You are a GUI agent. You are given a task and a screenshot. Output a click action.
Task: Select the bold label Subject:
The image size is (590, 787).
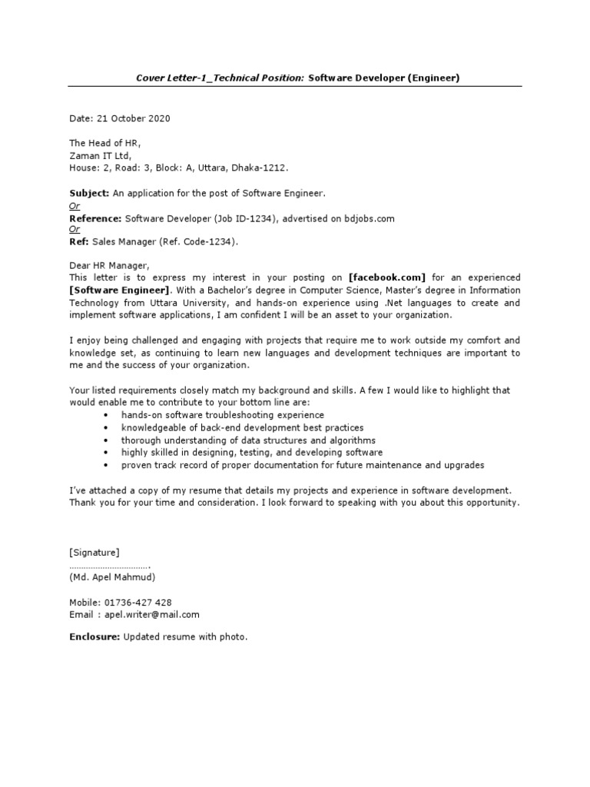click(x=90, y=193)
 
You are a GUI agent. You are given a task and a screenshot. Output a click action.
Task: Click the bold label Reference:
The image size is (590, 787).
click(x=96, y=218)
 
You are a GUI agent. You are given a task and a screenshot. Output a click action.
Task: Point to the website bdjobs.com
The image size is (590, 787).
click(x=367, y=218)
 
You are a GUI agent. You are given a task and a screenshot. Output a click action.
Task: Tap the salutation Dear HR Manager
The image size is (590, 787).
click(x=105, y=266)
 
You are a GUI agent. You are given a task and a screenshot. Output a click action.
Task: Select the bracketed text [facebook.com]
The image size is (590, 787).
click(x=386, y=277)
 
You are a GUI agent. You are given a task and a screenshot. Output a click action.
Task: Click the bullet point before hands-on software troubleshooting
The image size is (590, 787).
click(x=104, y=415)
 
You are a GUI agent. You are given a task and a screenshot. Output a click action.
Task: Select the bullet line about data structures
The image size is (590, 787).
click(x=248, y=440)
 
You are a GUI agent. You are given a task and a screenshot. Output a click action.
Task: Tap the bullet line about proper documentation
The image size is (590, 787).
click(x=303, y=465)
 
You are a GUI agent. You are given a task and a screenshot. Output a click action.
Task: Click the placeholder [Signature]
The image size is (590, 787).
click(x=94, y=552)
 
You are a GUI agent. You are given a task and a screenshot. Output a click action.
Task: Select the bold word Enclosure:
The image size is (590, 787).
click(x=94, y=637)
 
